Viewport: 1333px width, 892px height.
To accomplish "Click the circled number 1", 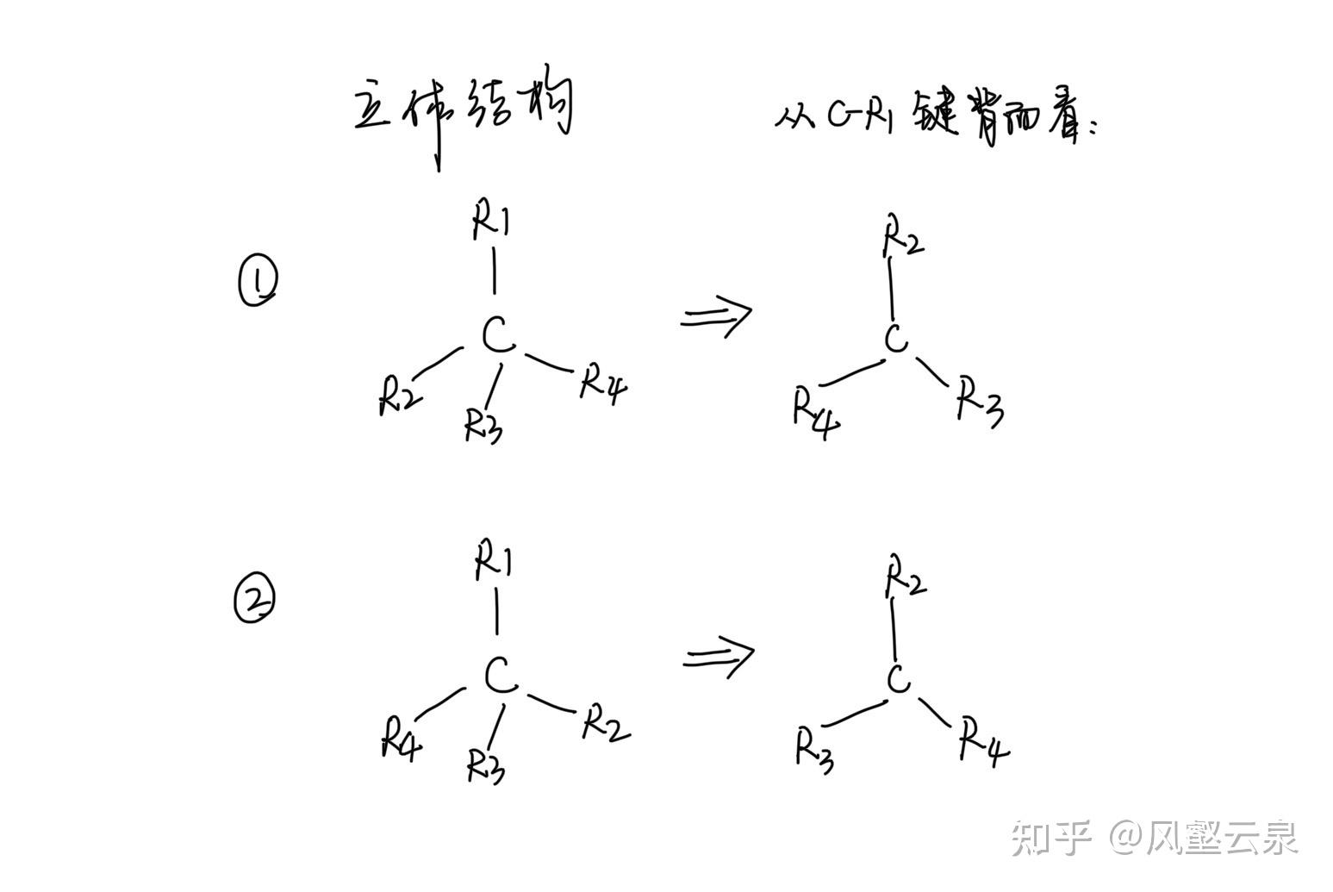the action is point(257,284).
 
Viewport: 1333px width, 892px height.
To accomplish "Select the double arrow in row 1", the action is point(716,316).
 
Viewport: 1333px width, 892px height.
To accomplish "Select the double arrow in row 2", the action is point(719,658).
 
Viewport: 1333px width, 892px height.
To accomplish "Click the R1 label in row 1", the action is point(491,221).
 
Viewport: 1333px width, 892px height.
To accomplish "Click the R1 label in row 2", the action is point(494,563).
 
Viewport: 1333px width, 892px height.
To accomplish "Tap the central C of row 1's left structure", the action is point(497,335).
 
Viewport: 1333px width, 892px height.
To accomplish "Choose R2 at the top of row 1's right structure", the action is point(902,238).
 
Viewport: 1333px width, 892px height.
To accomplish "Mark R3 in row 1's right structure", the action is point(981,402).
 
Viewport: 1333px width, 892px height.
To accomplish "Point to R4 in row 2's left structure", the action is point(402,739).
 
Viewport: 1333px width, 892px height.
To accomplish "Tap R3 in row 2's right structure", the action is point(814,749).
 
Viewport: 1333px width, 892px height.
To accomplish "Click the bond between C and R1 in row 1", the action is point(494,271).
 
